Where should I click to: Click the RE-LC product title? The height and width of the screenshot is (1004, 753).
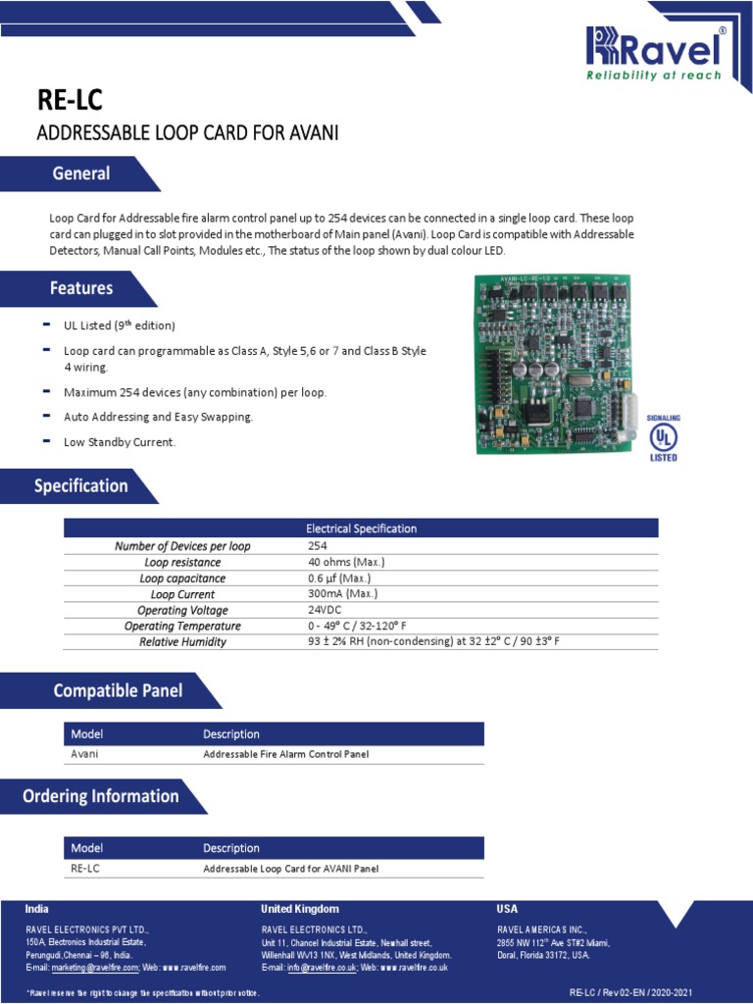coord(69,101)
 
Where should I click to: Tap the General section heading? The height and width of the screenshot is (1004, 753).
coord(81,174)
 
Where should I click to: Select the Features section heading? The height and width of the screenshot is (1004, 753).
coord(81,288)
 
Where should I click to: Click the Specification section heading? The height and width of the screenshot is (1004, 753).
coord(81,485)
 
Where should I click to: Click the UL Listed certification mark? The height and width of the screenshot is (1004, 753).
coord(664,436)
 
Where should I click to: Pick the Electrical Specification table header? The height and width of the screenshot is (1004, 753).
coord(361,528)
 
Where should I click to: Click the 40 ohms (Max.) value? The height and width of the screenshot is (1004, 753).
coord(346,562)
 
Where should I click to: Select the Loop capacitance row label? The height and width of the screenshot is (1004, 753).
coord(182,578)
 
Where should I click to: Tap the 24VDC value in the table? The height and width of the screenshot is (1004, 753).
coord(325,610)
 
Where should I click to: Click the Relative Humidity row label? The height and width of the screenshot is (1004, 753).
coord(182,642)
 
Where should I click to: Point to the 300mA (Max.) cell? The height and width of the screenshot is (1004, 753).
coord(342,594)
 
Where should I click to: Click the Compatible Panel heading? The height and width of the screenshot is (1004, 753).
coord(118,690)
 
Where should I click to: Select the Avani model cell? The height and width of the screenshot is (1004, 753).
coord(85,754)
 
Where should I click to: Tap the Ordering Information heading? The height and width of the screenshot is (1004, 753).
coord(101,796)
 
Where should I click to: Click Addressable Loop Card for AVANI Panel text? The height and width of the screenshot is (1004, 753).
coord(290,869)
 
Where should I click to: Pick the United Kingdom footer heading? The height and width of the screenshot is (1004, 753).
coord(300,909)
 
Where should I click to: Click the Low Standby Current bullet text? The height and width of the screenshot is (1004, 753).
coord(120,442)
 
